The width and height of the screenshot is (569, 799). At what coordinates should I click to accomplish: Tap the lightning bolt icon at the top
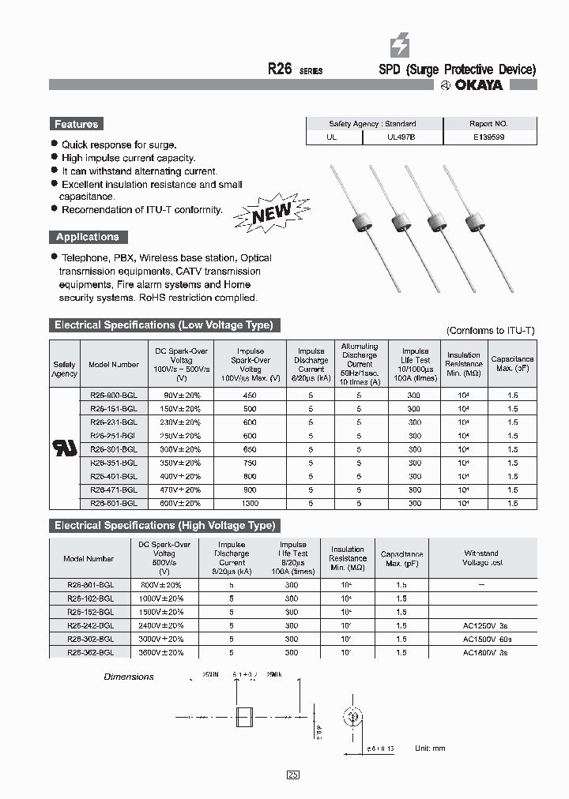pyautogui.click(x=401, y=47)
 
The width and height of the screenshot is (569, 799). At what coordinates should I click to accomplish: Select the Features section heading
pyautogui.click(x=76, y=124)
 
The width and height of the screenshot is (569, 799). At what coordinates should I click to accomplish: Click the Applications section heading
pyautogui.click(x=87, y=237)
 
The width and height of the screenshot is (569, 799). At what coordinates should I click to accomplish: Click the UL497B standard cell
pyautogui.click(x=401, y=137)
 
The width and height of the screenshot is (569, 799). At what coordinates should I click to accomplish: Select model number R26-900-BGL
pyautogui.click(x=113, y=395)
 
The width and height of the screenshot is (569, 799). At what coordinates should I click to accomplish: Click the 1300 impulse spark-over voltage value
pyautogui.click(x=250, y=503)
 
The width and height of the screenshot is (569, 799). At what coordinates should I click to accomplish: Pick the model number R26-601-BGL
pyautogui.click(x=113, y=503)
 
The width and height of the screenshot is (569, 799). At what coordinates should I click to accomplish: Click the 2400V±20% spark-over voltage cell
pyautogui.click(x=160, y=625)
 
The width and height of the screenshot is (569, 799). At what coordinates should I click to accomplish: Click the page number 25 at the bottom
pyautogui.click(x=292, y=775)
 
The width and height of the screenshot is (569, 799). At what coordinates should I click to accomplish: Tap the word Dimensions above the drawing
pyautogui.click(x=129, y=677)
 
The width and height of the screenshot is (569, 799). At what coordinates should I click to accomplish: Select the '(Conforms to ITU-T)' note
pyautogui.click(x=490, y=331)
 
